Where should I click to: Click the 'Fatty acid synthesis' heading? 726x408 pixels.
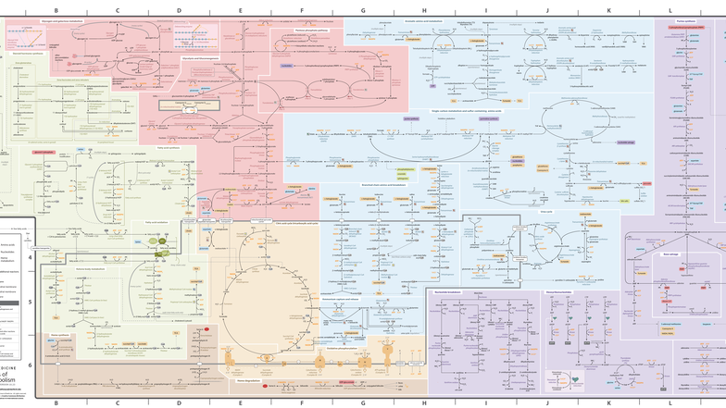coord(168,146)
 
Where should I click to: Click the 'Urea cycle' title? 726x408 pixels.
coord(547,211)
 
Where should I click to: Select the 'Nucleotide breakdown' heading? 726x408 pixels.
coord(448,291)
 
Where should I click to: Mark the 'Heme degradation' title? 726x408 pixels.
coord(246,378)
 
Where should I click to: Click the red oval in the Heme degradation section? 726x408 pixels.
coord(266,384)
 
